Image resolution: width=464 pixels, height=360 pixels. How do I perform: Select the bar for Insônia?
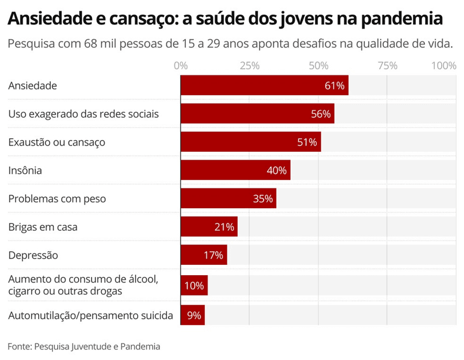tap(235, 170)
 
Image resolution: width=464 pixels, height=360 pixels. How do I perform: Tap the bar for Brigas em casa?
tap(209, 227)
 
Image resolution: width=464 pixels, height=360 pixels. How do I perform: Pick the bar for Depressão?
tap(204, 255)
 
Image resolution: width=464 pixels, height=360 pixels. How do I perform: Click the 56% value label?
tap(321, 114)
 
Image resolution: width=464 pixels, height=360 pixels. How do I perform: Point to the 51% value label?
tap(307, 142)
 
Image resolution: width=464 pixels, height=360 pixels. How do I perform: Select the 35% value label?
tap(262, 199)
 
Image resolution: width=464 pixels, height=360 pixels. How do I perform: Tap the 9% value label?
tap(194, 315)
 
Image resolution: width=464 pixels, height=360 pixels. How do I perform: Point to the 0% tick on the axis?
tap(181, 66)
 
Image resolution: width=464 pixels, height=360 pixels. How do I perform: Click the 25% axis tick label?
tap(250, 66)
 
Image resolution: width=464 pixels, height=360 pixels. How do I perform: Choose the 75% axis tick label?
tap(387, 66)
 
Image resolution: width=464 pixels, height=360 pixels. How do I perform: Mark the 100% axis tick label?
tap(444, 66)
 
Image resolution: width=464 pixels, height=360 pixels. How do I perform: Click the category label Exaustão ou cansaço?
tap(57, 142)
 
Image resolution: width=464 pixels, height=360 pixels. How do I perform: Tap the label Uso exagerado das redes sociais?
tap(83, 114)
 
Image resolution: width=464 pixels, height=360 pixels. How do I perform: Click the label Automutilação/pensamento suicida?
tap(91, 315)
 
